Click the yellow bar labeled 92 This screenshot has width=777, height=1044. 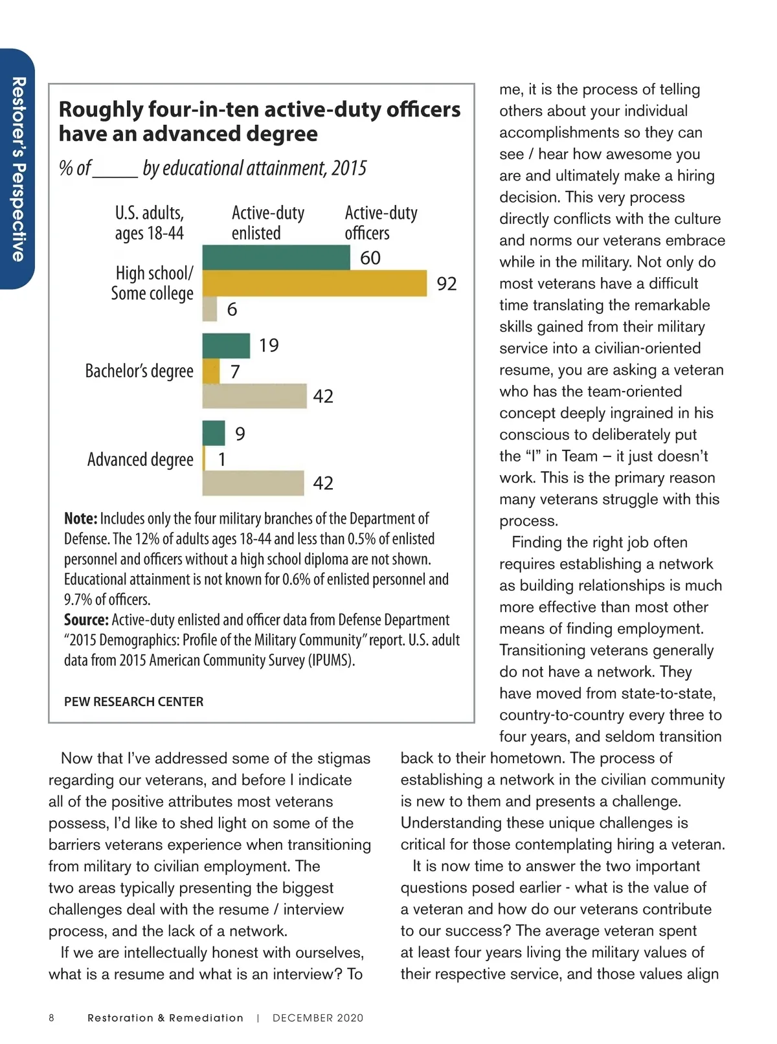tap(315, 283)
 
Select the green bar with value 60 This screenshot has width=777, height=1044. tap(276, 258)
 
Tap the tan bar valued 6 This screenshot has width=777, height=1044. tap(210, 309)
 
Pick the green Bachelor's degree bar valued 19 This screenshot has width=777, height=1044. tap(226, 346)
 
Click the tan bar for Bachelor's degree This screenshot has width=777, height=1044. tap(254, 395)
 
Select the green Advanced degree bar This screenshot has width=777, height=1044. tap(214, 433)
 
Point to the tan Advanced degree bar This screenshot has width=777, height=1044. tap(253, 483)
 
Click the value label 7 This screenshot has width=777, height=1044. tap(235, 372)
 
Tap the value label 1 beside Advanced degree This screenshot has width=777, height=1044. tap(222, 460)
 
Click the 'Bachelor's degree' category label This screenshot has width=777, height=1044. tap(139, 371)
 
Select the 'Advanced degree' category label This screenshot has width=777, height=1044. tap(141, 460)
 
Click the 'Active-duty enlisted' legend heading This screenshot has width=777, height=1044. tap(267, 223)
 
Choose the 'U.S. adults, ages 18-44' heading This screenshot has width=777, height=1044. tap(150, 223)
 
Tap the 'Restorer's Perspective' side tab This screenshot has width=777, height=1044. tap(18, 169)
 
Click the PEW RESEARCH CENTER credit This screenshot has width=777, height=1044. tap(133, 702)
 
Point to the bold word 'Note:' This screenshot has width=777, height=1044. tap(80, 519)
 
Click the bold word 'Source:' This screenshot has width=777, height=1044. tap(86, 620)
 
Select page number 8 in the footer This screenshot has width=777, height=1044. tap(52, 1018)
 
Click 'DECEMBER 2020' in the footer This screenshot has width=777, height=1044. tap(318, 1018)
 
